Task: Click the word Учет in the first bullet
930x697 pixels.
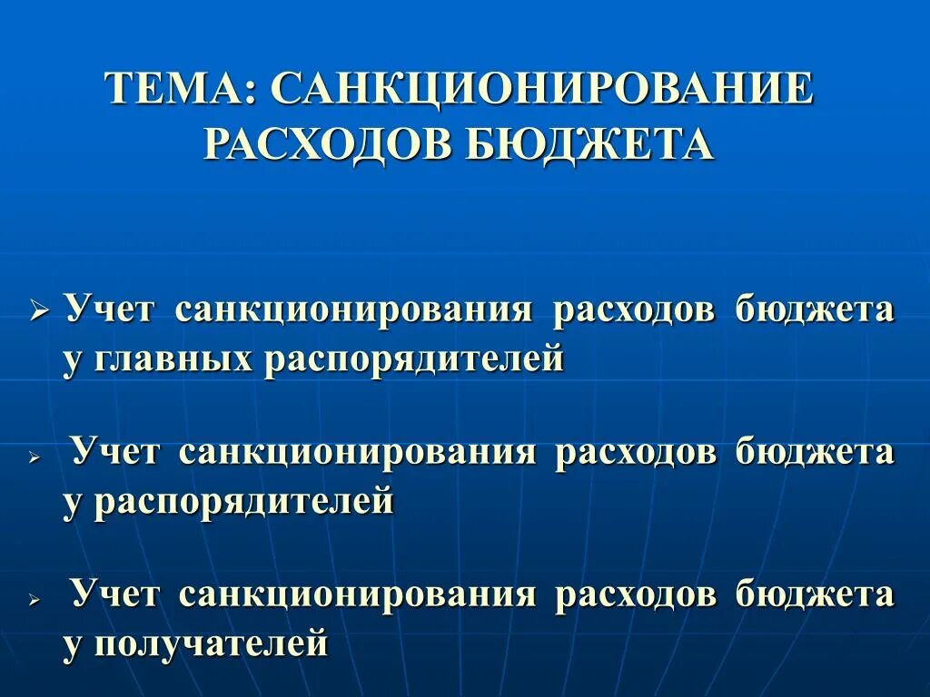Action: tap(111, 309)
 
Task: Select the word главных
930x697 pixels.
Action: tap(158, 358)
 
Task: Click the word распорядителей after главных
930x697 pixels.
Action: tap(414, 358)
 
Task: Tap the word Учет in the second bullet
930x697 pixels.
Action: tap(116, 451)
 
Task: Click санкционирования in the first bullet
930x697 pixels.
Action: tap(354, 309)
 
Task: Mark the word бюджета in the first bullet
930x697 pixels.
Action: tap(816, 309)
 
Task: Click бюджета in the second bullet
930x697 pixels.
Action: tap(816, 451)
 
